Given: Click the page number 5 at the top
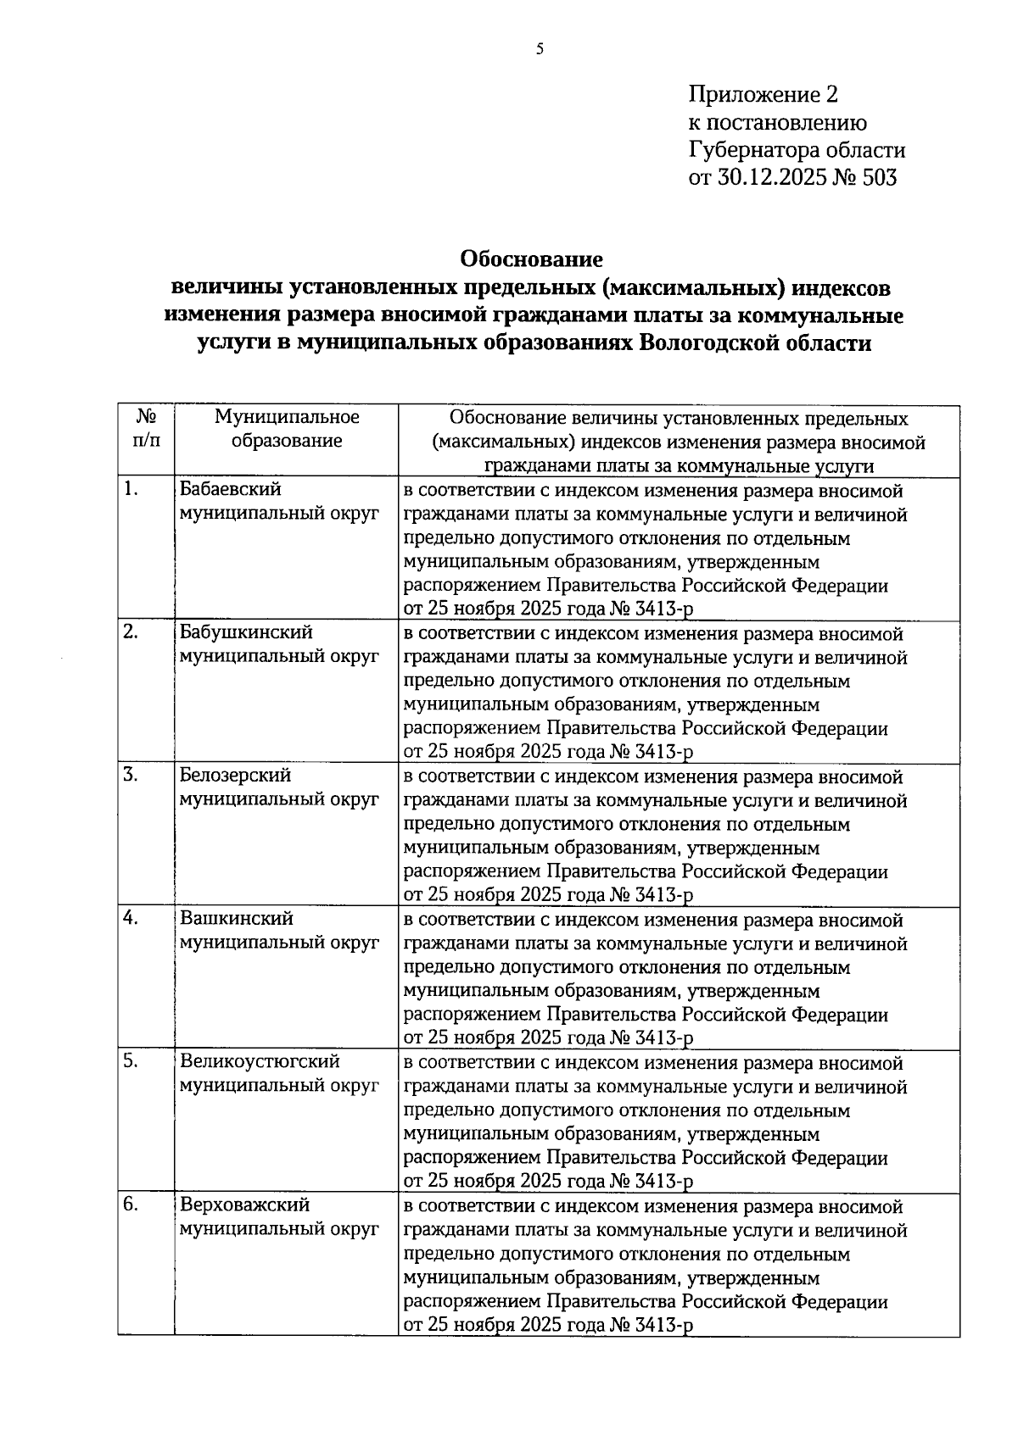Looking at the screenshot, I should tap(540, 49).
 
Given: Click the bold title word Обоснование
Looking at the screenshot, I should tap(531, 258).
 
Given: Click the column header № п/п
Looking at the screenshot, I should tap(146, 429).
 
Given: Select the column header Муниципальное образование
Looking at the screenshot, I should tap(287, 429).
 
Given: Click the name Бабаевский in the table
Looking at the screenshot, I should tap(231, 490).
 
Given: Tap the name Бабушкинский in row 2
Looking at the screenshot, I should tap(246, 633).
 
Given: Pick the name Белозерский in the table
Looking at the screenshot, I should tap(235, 776).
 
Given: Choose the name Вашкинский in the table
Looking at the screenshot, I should tap(237, 919).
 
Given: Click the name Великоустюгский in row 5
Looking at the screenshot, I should tap(260, 1062).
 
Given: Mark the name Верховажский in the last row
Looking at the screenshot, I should tap(244, 1205).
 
